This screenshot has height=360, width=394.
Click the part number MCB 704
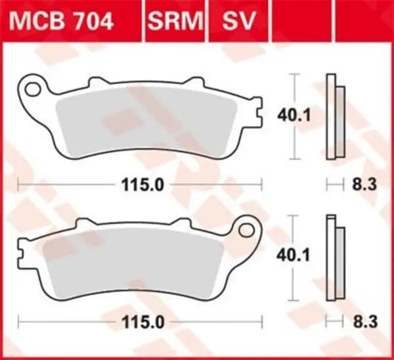[x=63, y=21]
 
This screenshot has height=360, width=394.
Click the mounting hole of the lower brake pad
[x=248, y=229]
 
